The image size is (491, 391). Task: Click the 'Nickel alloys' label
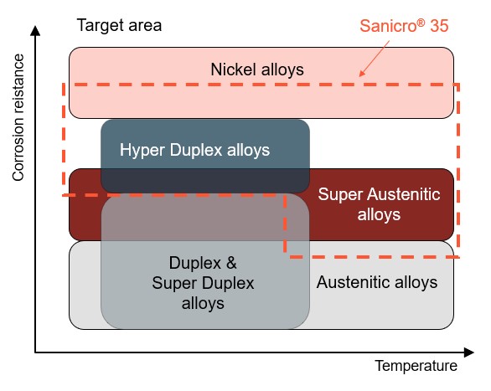tap(256, 69)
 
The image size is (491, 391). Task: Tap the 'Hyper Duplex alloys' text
tap(194, 150)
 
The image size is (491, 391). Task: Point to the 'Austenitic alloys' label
tap(377, 282)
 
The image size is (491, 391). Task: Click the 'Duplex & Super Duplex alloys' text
tap(203, 282)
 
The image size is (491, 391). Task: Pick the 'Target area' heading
tap(119, 24)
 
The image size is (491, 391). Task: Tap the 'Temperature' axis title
tap(416, 366)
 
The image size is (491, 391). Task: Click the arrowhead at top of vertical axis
tap(36, 31)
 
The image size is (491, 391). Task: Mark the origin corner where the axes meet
tap(36, 351)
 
